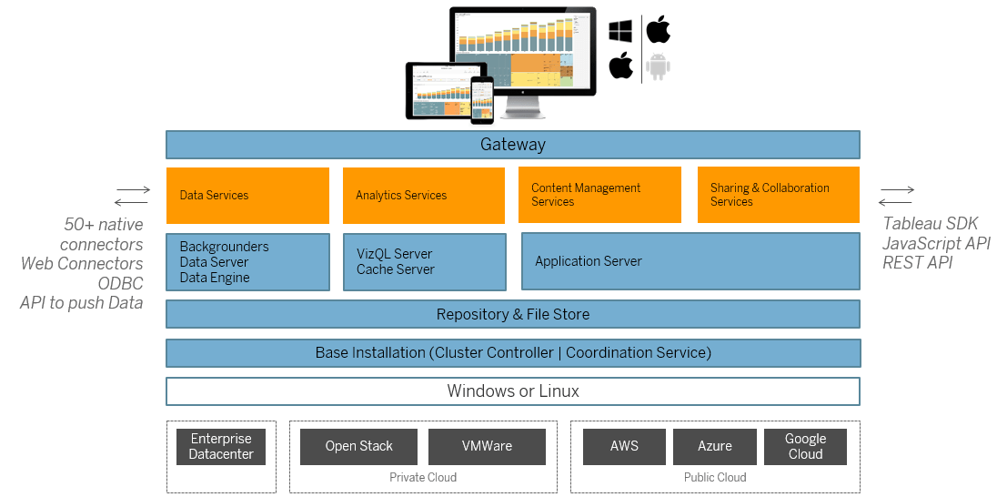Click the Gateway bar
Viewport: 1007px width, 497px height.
point(512,145)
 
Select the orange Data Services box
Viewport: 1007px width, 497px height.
point(247,195)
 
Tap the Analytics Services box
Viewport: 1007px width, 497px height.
point(423,195)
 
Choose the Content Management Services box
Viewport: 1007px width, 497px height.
point(599,195)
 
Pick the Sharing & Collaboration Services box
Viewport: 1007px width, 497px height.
point(778,195)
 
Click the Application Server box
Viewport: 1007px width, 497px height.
point(690,261)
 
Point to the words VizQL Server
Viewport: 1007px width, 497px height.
point(395,254)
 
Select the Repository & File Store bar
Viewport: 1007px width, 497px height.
point(512,314)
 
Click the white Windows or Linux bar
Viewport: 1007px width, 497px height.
point(512,391)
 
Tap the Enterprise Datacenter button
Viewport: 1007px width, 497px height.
point(221,447)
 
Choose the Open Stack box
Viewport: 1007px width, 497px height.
point(358,446)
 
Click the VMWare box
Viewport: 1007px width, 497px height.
point(487,446)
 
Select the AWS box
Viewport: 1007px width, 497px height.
point(624,446)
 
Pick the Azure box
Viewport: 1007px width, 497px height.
point(714,446)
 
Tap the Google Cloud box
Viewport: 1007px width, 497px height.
point(805,446)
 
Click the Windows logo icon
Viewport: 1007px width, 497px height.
point(620,31)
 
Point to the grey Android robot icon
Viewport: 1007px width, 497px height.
point(659,66)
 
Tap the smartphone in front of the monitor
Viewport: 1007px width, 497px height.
point(481,99)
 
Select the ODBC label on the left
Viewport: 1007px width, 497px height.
point(120,283)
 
